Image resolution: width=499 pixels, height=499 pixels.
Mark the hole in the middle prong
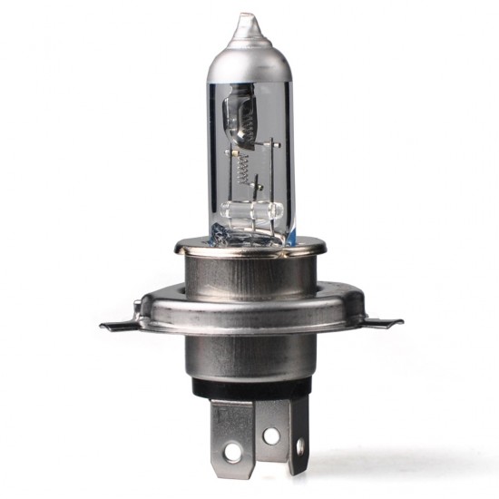[x=271, y=435]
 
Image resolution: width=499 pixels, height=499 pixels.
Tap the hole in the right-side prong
[x=301, y=445]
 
